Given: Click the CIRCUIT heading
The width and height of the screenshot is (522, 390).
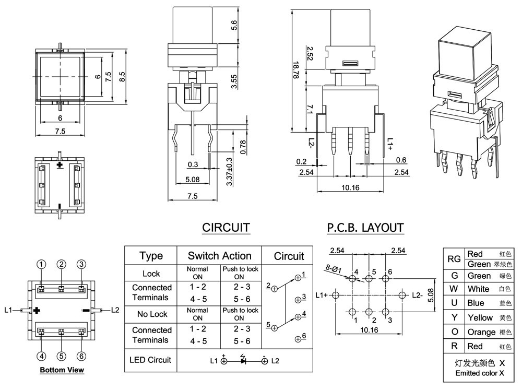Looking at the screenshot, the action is point(226,228).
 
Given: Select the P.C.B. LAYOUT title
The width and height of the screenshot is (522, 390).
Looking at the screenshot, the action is point(365,228).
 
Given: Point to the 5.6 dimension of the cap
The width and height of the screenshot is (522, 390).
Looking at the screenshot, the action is point(234,25).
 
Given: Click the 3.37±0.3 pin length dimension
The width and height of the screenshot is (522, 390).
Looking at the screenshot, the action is point(229,172).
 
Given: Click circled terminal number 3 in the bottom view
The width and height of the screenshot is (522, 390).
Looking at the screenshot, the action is point(81,265).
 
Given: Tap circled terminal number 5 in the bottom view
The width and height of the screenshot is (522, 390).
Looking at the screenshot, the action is point(61,357).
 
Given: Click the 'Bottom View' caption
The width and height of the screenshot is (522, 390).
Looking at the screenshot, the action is point(62,370).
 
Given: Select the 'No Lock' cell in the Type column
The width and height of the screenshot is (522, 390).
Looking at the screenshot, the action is point(152,314).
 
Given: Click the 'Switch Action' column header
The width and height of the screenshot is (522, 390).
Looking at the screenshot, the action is point(219,256).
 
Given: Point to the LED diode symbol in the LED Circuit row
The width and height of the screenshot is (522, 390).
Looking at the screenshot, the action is point(243,360).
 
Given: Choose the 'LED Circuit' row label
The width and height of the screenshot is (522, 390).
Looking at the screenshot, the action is point(150,360).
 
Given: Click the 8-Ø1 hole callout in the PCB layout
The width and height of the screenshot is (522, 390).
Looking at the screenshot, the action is point(333,268).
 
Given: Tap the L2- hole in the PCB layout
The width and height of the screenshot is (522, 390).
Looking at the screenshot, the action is point(402,295).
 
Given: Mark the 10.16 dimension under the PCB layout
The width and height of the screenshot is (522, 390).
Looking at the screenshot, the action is point(369,330).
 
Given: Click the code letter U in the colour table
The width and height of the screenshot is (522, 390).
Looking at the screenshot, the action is point(454,303).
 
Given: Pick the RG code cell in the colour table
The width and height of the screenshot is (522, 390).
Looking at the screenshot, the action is point(454,259).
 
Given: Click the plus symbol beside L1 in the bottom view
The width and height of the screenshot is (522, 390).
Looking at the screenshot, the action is point(37,311).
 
